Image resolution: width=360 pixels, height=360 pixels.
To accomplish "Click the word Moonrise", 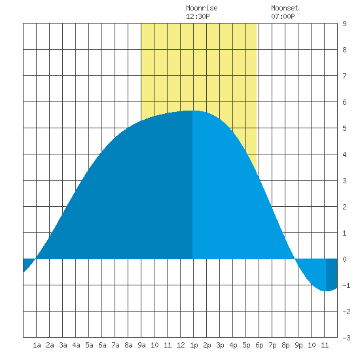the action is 202,8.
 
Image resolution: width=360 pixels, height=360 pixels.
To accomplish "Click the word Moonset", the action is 285,8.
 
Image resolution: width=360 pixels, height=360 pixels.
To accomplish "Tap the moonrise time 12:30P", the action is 198,16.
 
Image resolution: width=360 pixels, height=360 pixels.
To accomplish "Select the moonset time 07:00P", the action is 283,16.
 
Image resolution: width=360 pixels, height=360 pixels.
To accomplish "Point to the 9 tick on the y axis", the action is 344,24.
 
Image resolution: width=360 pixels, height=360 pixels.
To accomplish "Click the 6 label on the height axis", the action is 344,102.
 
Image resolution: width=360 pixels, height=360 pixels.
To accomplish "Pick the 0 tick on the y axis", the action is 344,259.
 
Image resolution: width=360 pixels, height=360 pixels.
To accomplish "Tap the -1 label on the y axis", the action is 346,285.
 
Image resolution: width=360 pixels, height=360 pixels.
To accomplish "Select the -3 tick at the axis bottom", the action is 346,338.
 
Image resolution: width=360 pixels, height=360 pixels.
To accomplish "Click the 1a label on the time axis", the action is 37,345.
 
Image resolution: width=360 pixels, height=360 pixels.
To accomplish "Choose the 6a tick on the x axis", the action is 102,345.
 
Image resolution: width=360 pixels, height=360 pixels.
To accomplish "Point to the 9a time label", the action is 141,345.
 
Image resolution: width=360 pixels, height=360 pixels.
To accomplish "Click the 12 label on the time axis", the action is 181,345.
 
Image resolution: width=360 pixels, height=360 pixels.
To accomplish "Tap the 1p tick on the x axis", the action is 194,345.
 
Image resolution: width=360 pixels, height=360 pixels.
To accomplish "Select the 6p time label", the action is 259,345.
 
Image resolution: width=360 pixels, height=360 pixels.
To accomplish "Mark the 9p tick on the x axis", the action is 298,345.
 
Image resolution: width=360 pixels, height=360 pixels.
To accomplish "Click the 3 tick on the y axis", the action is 344,181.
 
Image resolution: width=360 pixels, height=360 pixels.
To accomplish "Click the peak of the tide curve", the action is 192,111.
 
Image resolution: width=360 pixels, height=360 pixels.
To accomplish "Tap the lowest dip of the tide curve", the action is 325,291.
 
